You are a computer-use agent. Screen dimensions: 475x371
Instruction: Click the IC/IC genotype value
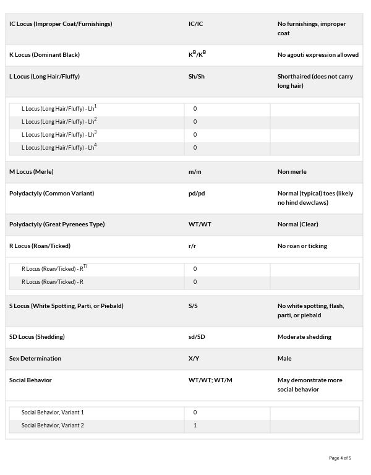(195, 24)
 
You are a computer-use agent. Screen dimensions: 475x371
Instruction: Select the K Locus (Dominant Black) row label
(45, 55)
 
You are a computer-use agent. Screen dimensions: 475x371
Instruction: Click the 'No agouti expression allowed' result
(318, 55)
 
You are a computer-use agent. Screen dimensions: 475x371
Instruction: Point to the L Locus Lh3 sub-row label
(59, 134)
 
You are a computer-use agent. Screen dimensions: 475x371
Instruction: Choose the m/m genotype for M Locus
(195, 172)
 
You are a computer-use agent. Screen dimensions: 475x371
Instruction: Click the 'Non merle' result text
(292, 172)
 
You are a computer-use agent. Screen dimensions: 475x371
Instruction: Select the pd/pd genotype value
(197, 194)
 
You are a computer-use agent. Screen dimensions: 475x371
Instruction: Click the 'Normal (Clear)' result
(298, 225)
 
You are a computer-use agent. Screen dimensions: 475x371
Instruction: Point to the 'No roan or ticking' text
(302, 246)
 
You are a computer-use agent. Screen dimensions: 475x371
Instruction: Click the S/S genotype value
(193, 306)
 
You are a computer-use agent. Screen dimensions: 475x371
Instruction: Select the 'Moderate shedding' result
(304, 337)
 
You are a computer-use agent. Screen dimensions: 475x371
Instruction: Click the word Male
(284, 359)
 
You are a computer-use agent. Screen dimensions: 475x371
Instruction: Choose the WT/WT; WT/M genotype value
(210, 380)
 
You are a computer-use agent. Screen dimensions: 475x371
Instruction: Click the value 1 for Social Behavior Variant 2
(195, 426)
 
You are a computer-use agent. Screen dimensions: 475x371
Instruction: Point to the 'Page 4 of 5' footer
(340, 458)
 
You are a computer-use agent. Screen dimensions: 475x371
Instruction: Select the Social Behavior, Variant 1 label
(53, 413)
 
